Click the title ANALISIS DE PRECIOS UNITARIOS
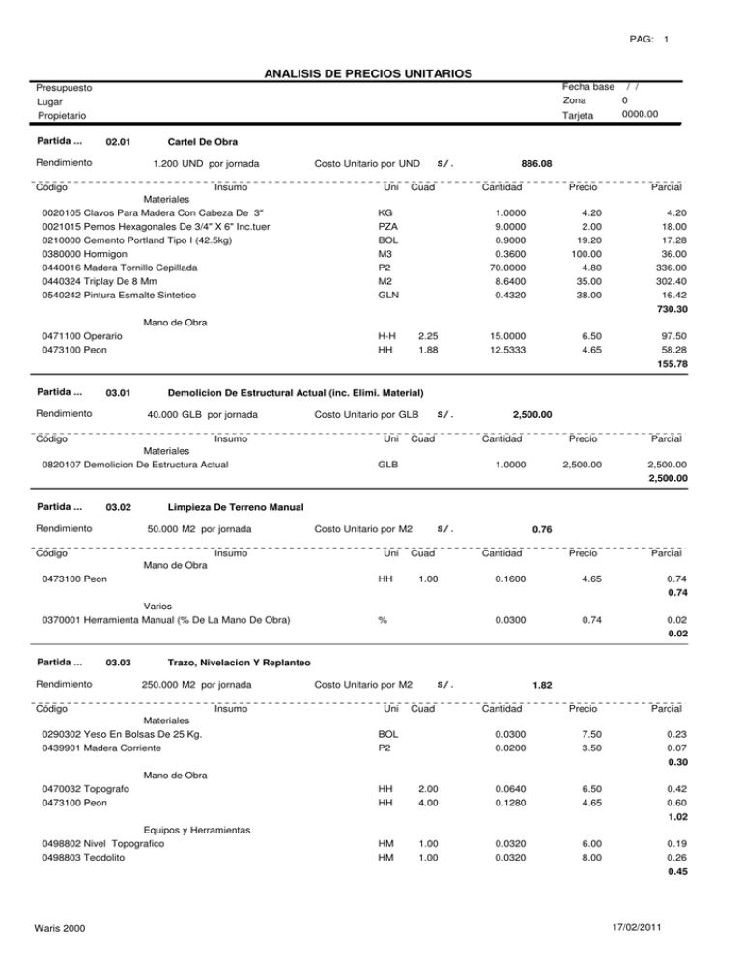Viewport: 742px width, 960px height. coord(371,73)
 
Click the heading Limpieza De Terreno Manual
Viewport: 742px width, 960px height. coord(236,508)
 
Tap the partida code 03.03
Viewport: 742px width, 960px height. coord(119,664)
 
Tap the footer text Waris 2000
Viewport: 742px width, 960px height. coord(58,929)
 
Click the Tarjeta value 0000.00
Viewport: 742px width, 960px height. coord(640,114)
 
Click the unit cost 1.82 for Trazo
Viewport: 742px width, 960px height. coord(542,685)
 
